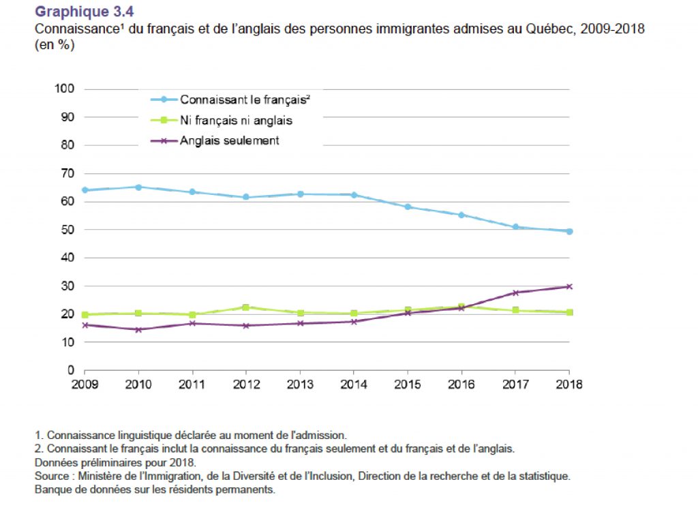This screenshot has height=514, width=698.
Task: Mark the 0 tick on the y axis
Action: coord(70,370)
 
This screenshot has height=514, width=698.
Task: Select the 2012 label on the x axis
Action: coord(246,384)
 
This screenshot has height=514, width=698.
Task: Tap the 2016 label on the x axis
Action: coord(461,384)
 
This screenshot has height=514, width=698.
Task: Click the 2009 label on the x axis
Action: coord(85,384)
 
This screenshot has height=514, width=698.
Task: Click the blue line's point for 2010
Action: coord(138,187)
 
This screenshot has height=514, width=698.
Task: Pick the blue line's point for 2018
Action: coord(569,231)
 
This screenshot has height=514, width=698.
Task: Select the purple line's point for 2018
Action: coord(569,286)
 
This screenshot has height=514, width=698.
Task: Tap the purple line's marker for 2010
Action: coord(138,329)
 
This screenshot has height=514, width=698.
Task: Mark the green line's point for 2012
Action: coord(246,307)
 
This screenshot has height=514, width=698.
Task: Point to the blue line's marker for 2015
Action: coord(408,207)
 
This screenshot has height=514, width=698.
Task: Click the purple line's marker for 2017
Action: coord(515,292)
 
